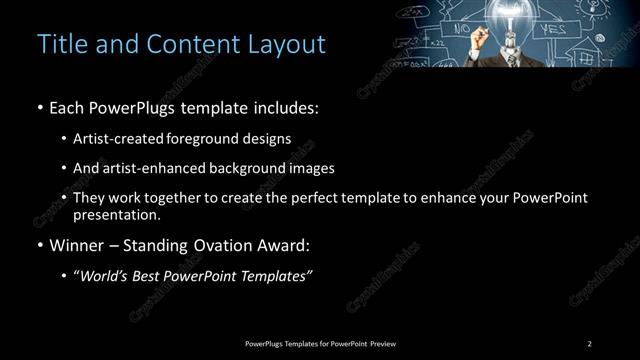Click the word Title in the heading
click(59, 44)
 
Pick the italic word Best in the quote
click(150, 275)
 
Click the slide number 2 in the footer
click(590, 343)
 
